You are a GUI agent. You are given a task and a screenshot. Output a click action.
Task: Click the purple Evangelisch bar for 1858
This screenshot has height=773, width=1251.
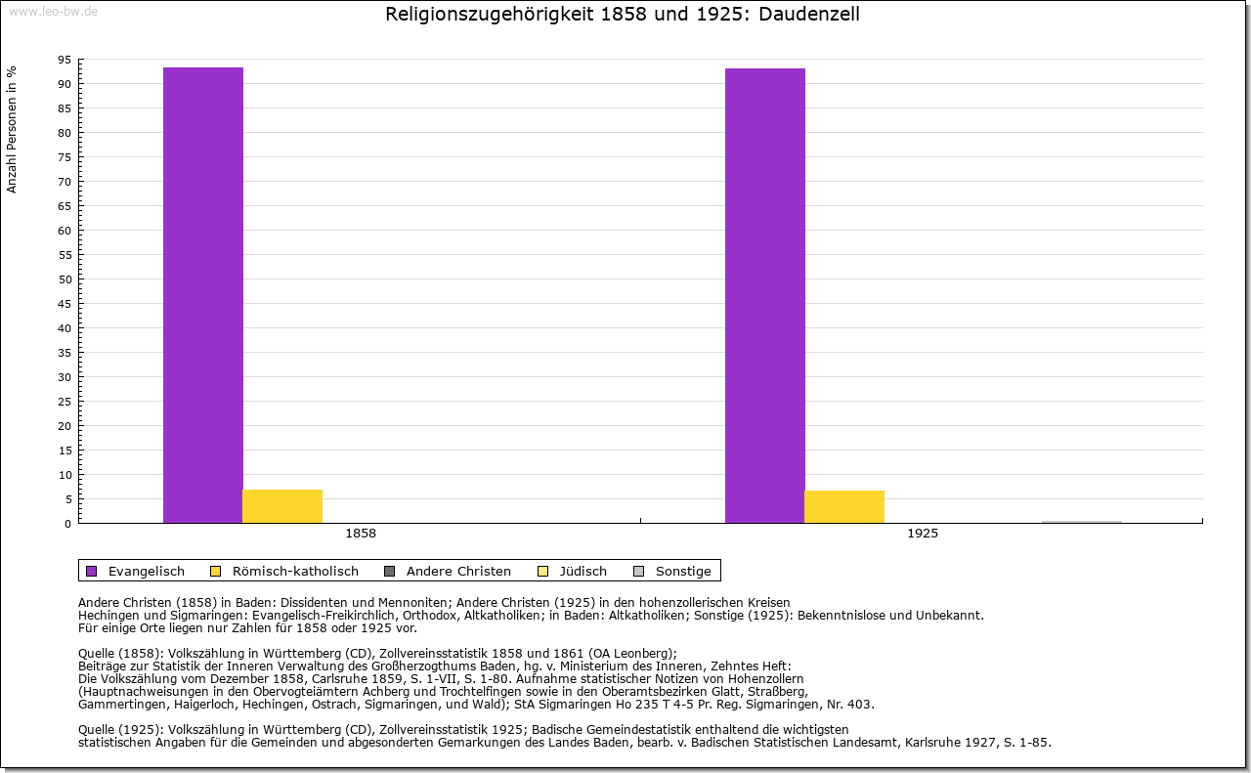202,295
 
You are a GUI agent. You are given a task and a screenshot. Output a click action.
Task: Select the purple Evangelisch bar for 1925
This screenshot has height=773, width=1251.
765,295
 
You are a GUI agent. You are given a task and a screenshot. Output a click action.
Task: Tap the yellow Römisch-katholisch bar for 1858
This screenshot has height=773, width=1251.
282,506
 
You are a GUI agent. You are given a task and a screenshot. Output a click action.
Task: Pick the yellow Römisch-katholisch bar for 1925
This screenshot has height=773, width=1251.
843,507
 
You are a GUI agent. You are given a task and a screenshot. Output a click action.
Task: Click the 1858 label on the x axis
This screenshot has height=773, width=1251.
361,534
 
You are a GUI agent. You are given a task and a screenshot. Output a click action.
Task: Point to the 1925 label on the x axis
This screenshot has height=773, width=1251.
923,534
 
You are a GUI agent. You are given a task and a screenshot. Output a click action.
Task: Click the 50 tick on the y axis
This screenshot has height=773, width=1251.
65,279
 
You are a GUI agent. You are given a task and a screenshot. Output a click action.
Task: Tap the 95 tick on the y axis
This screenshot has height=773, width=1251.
65,60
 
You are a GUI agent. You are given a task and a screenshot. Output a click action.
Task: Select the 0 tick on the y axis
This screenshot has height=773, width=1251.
68,524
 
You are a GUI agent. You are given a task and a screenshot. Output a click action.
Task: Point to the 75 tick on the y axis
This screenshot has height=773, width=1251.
65,157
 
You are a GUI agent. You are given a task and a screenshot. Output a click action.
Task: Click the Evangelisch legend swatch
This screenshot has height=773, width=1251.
92,571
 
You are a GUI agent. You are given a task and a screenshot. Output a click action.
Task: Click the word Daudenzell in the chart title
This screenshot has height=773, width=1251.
808,14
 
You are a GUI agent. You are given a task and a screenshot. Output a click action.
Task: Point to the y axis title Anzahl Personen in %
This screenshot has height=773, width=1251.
12,130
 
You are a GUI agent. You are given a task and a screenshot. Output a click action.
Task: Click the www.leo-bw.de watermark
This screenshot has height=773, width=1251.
53,11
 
